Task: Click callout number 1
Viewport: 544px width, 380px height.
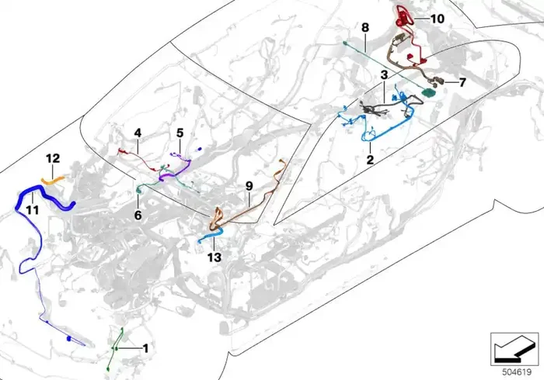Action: pyautogui.click(x=146, y=348)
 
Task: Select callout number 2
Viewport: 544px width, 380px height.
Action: pyautogui.click(x=370, y=160)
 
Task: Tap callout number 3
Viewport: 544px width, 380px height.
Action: pyautogui.click(x=384, y=74)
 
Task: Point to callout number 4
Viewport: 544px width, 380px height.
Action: pyautogui.click(x=138, y=133)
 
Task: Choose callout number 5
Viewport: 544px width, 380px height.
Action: pyautogui.click(x=180, y=133)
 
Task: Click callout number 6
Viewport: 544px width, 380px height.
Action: pyautogui.click(x=138, y=216)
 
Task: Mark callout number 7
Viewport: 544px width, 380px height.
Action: pyautogui.click(x=462, y=83)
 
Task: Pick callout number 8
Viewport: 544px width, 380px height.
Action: pyautogui.click(x=365, y=27)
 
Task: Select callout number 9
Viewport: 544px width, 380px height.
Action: pyautogui.click(x=249, y=186)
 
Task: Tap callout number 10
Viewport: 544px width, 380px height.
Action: pyautogui.click(x=437, y=19)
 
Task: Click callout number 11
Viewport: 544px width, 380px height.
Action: pyautogui.click(x=33, y=209)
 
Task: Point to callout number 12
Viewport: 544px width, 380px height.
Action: pyautogui.click(x=53, y=158)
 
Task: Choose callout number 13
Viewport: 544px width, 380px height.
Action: pyautogui.click(x=214, y=257)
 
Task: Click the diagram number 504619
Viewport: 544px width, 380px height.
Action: pyautogui.click(x=517, y=372)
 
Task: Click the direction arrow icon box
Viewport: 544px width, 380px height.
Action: pyautogui.click(x=514, y=349)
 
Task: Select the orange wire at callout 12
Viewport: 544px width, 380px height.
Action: pyautogui.click(x=53, y=180)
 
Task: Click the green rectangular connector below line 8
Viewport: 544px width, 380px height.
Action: pyautogui.click(x=428, y=92)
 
